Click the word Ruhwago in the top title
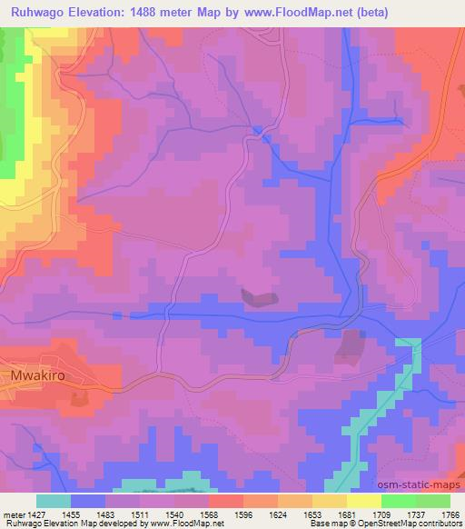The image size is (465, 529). point(36,12)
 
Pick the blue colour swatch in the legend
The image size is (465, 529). point(88,501)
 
